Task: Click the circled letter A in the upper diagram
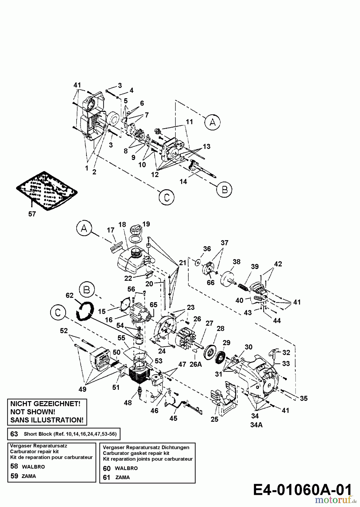pyautogui.click(x=213, y=122)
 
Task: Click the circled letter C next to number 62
pyautogui.click(x=58, y=313)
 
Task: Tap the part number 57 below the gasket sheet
pyautogui.click(x=32, y=214)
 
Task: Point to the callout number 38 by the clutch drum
pyautogui.click(x=236, y=262)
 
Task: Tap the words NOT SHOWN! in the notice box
pyautogui.click(x=33, y=412)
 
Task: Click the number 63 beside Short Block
pyautogui.click(x=14, y=434)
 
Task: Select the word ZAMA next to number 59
pyautogui.click(x=29, y=476)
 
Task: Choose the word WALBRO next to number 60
pyautogui.click(x=126, y=468)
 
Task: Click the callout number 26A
pyautogui.click(x=196, y=364)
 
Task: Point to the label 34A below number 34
pyautogui.click(x=256, y=425)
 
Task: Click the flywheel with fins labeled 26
pyautogui.click(x=187, y=338)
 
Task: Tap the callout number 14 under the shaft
pyautogui.click(x=183, y=182)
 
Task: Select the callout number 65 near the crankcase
pyautogui.click(x=153, y=305)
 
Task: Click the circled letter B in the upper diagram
pyautogui.click(x=224, y=189)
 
